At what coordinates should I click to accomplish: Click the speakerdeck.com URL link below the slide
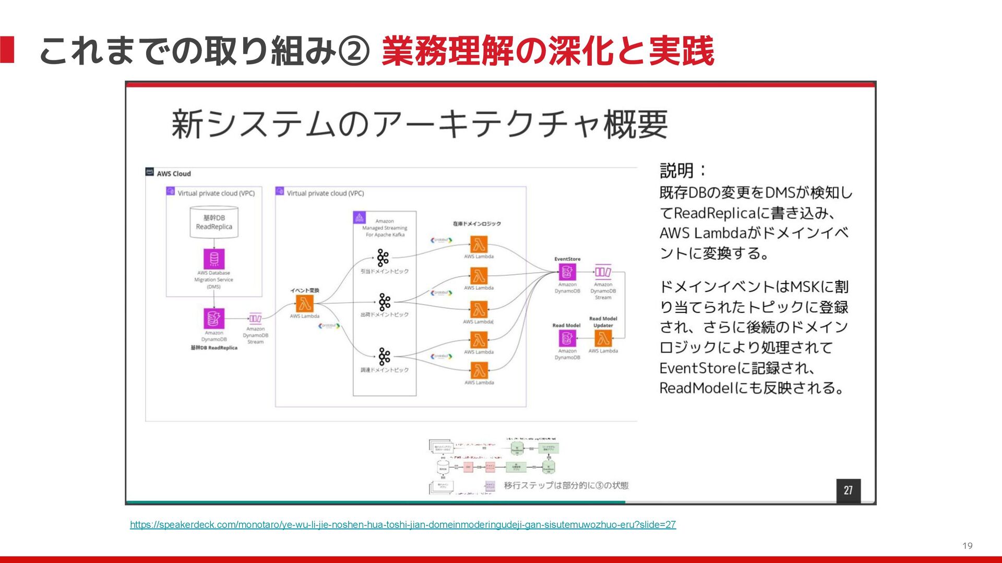pyautogui.click(x=402, y=524)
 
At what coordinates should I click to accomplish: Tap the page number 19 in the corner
pyautogui.click(x=967, y=546)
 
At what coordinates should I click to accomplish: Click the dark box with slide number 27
pyautogui.click(x=848, y=490)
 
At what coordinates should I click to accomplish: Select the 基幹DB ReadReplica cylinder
pyautogui.click(x=214, y=223)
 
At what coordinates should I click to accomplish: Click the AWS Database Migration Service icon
pyautogui.click(x=214, y=259)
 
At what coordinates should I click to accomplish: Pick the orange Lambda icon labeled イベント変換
pyautogui.click(x=305, y=303)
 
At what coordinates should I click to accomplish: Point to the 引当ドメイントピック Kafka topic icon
pyautogui.click(x=383, y=258)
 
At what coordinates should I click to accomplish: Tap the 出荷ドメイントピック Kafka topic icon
pyautogui.click(x=385, y=302)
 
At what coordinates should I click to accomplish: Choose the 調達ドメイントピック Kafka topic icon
pyautogui.click(x=385, y=357)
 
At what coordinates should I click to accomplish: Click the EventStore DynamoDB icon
pyautogui.click(x=567, y=272)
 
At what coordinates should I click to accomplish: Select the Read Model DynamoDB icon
pyautogui.click(x=567, y=339)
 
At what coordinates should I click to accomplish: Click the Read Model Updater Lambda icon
pyautogui.click(x=603, y=339)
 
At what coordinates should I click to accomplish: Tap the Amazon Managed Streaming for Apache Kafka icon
pyautogui.click(x=359, y=217)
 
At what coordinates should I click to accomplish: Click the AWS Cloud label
pyautogui.click(x=174, y=174)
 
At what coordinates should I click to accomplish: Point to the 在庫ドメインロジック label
pyautogui.click(x=476, y=224)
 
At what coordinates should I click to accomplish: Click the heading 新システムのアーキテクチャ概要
pyautogui.click(x=420, y=125)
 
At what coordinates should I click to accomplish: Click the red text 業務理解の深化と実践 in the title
pyautogui.click(x=547, y=51)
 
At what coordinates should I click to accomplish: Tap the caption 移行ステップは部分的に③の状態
pyautogui.click(x=566, y=485)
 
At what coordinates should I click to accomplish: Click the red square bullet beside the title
pyautogui.click(x=7, y=50)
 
